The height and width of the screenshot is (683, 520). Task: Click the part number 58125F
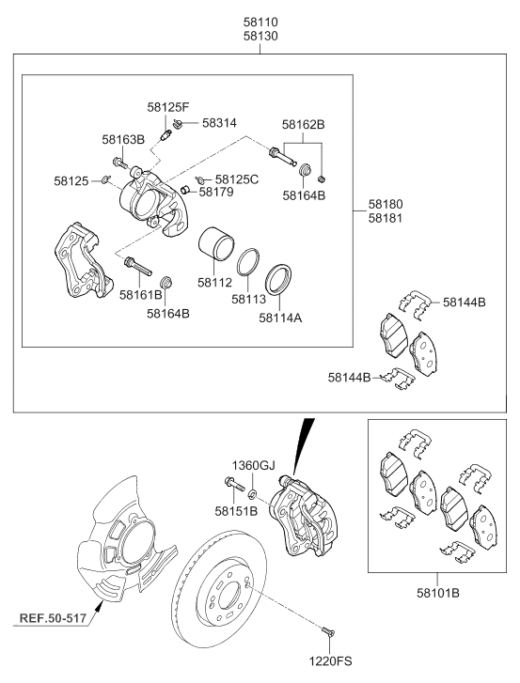tap(168, 107)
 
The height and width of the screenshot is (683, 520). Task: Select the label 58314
tap(219, 123)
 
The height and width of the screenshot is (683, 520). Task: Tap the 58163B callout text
tap(123, 139)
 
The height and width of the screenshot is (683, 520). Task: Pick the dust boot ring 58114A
tap(278, 279)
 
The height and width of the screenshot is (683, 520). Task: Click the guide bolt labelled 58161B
tap(137, 267)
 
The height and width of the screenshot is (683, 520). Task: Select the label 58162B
tap(304, 125)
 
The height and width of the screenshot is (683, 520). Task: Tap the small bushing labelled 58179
tap(185, 190)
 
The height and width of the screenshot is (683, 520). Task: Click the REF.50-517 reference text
tap(53, 617)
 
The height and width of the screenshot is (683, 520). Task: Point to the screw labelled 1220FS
tap(327, 630)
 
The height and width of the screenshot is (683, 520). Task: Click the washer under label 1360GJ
tap(252, 494)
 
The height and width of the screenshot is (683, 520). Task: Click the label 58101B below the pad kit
tap(438, 593)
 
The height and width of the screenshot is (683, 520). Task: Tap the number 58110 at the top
tap(260, 22)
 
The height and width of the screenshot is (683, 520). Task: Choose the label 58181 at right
tap(386, 218)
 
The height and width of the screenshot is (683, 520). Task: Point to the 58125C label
tap(237, 179)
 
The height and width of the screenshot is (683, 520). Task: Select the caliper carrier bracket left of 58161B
tap(83, 260)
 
